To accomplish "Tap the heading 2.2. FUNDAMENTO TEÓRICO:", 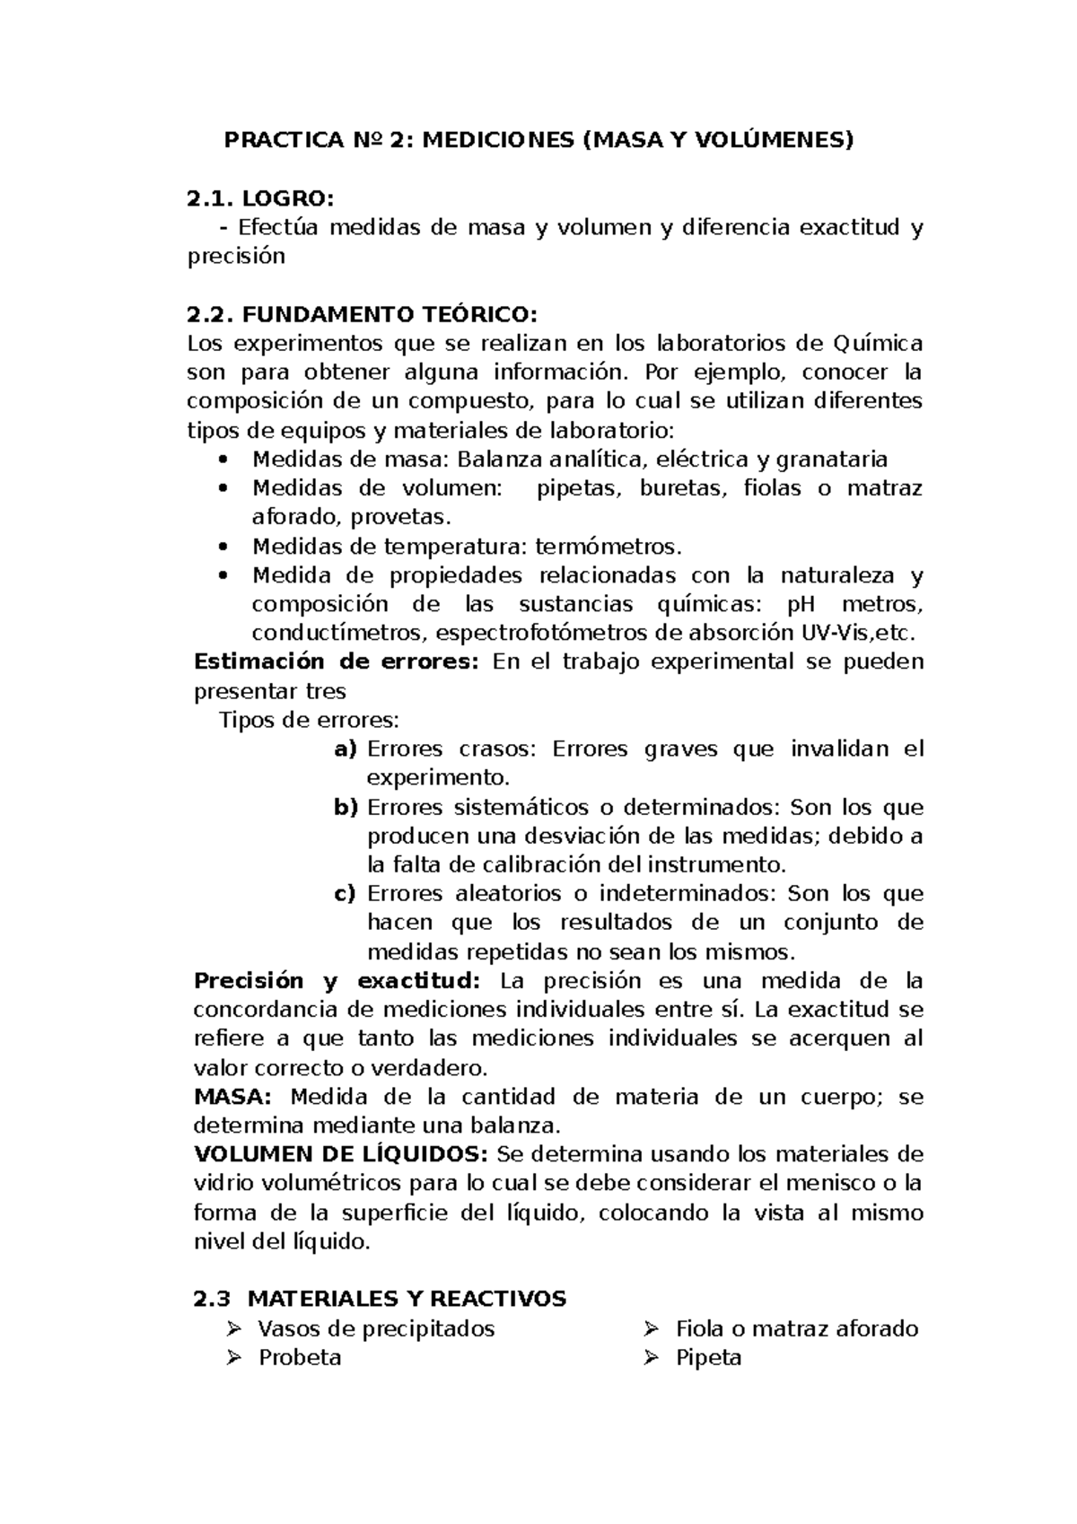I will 362,314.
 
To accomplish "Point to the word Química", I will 877,343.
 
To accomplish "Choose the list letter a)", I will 345,749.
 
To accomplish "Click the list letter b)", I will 345,807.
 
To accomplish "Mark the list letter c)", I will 345,893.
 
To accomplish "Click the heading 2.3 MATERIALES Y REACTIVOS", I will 380,1299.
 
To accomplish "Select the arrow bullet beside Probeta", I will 235,1357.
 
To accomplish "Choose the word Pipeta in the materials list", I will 708,1357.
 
